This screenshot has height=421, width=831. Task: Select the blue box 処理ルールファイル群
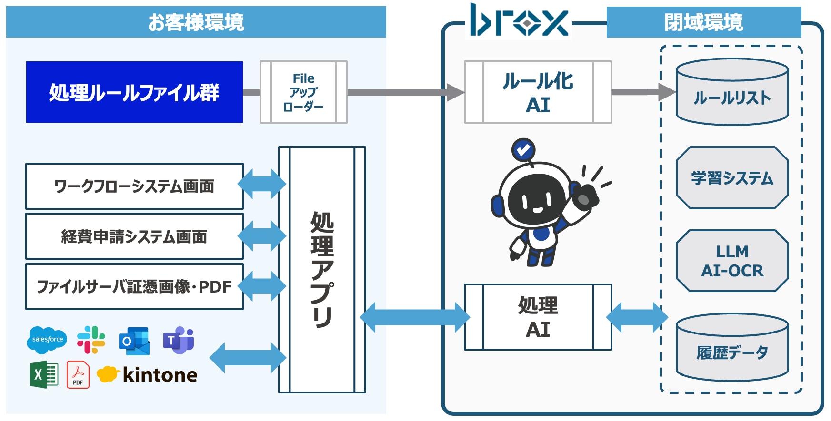tap(134, 92)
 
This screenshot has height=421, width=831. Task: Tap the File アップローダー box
tap(303, 92)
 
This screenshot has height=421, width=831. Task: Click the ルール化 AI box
tap(538, 92)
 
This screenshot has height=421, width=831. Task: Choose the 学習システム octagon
tap(732, 178)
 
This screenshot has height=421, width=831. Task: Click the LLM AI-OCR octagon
tap(732, 261)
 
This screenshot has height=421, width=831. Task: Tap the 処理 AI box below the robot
tap(538, 317)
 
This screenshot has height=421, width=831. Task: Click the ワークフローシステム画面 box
tap(134, 186)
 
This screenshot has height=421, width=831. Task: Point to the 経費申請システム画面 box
tap(134, 236)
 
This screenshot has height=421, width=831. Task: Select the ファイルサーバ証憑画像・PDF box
tap(134, 287)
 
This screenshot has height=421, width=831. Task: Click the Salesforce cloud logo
tap(47, 340)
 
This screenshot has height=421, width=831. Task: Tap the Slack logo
tap(91, 340)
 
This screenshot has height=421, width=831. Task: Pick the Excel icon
tap(44, 375)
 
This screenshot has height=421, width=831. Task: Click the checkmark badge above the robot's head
tap(523, 150)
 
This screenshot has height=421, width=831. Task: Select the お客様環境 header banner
tap(196, 22)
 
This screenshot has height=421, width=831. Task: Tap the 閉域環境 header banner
tap(703, 22)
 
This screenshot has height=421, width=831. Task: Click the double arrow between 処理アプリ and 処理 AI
tap(414, 317)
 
